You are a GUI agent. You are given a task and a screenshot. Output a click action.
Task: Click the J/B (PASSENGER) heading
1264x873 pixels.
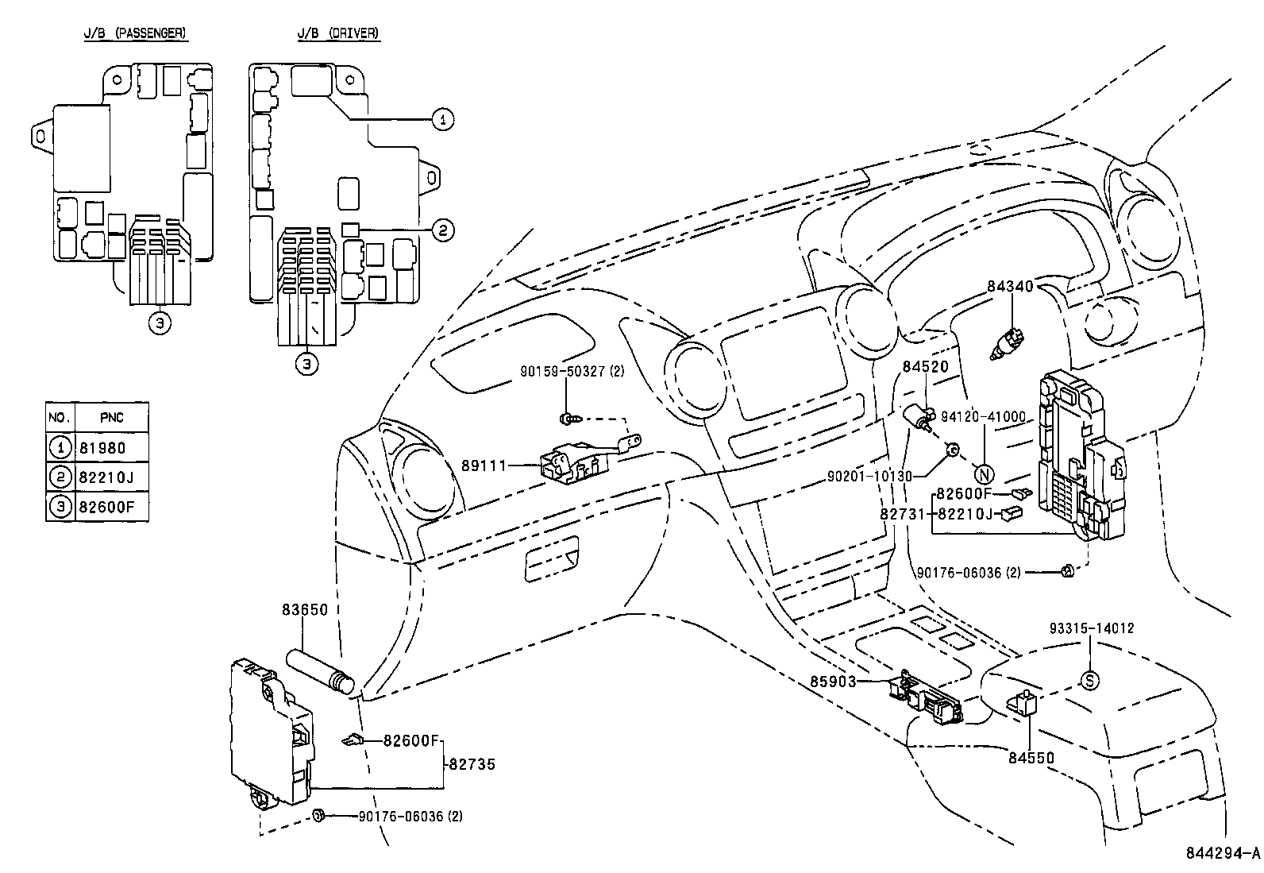(x=136, y=33)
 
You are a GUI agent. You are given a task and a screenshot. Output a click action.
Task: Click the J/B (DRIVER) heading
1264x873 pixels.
(x=337, y=33)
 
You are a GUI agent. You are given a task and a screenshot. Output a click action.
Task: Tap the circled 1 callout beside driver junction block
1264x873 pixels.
(x=443, y=119)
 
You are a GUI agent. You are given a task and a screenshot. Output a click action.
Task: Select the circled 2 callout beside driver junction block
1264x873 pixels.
(x=443, y=230)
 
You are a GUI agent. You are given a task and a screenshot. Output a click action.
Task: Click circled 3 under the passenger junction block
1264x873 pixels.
(x=160, y=323)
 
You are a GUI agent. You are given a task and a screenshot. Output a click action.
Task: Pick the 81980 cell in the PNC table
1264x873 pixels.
(x=102, y=448)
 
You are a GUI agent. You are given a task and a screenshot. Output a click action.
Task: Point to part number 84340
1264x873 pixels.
(x=1010, y=286)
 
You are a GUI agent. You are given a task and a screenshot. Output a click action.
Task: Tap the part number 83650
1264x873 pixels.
(x=305, y=610)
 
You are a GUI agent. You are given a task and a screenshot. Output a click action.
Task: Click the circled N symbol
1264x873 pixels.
(x=984, y=475)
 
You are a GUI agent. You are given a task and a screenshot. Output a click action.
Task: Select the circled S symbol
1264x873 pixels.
(x=1090, y=680)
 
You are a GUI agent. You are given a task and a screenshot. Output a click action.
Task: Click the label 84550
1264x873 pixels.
(x=1031, y=758)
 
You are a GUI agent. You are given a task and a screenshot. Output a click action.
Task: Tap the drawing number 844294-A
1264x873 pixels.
(x=1222, y=854)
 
